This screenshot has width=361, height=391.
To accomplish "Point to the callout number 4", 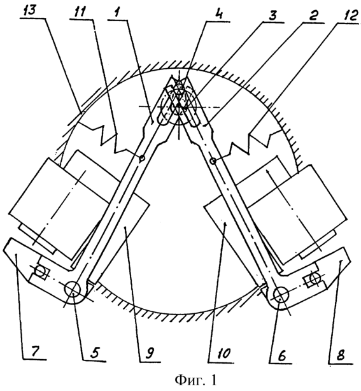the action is (216, 15).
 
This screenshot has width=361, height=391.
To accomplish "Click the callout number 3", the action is (273, 16).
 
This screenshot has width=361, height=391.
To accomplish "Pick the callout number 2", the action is (313, 17).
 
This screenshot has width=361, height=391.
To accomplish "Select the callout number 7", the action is (34, 352).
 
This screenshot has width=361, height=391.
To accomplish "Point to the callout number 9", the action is (149, 354).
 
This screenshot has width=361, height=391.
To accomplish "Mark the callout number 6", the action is (281, 357).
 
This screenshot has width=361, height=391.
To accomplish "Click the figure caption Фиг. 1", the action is (195, 381).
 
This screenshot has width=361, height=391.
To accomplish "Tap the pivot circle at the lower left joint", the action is (72, 289).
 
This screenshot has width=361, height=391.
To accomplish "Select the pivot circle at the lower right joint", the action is (281, 295).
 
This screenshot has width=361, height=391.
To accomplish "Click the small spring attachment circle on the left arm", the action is (141, 158).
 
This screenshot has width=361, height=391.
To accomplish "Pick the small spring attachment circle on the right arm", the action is (213, 161).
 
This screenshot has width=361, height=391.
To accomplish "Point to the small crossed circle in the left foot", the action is (39, 271).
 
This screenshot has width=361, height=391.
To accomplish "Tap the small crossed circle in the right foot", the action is (315, 278).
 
